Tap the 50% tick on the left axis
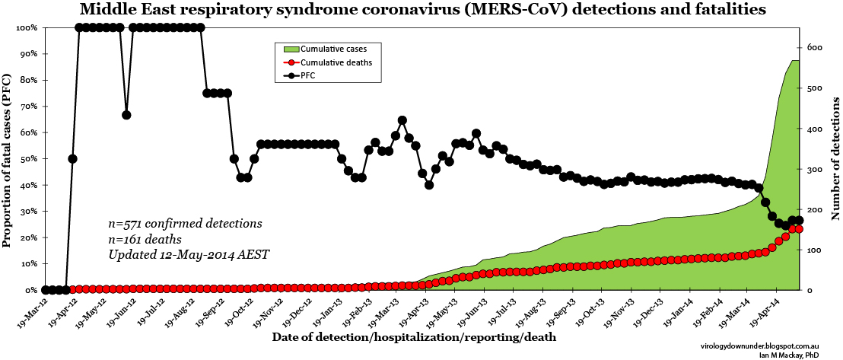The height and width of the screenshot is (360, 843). pyautogui.click(x=29, y=159)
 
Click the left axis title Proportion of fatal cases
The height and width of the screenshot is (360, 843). pyautogui.click(x=7, y=160)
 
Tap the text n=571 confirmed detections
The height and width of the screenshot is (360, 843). pyautogui.click(x=185, y=224)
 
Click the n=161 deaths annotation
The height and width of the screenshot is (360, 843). pyautogui.click(x=145, y=239)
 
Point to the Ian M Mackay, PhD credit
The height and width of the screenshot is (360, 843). pyautogui.click(x=800, y=354)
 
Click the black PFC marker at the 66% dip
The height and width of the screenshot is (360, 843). pyautogui.click(x=126, y=115)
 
